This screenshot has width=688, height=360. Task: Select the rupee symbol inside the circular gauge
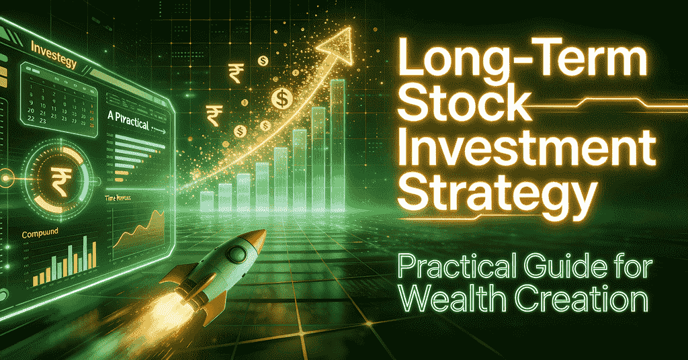pos(59,181)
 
